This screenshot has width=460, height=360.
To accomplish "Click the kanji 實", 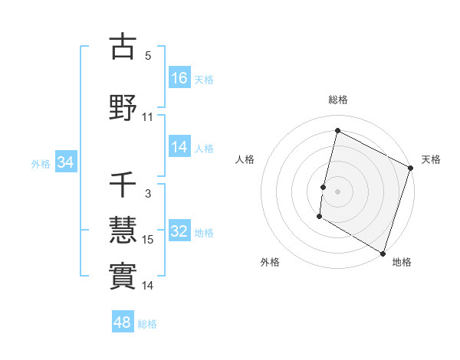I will coord(123,275).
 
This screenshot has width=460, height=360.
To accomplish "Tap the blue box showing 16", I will coord(179,78).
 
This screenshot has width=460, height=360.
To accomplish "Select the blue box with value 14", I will coord(179,148).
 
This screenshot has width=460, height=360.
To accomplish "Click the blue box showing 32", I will coord(179,232).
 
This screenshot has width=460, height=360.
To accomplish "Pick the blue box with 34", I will coord(65,163).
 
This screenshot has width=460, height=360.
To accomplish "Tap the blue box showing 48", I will coord(123,322).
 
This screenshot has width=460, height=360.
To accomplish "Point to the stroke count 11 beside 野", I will coord(148,117).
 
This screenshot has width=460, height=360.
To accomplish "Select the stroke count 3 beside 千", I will coord(148,194).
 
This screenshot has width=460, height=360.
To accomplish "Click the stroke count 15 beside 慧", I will coord(148,240).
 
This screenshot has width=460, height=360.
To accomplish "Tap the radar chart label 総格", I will coord(337,100).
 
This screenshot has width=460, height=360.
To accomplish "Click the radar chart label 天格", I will coord(431,159).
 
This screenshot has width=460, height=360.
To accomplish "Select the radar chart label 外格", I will coord(270,262).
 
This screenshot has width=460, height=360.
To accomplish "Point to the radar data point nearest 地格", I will coord(383,253).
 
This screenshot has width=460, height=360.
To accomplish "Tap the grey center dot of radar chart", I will coord(337,191).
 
